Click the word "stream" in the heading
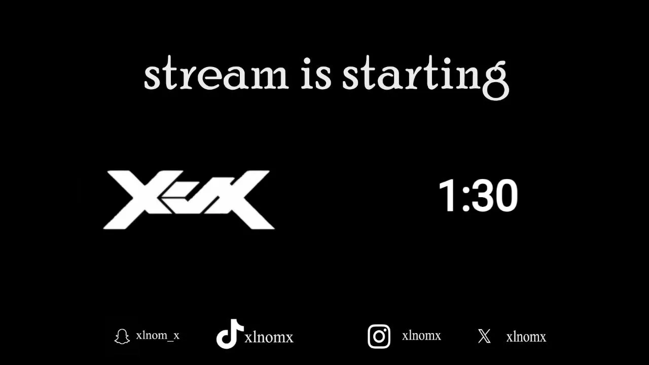click(x=216, y=74)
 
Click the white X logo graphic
click(x=189, y=200)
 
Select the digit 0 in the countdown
click(x=507, y=195)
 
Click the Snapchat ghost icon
click(x=122, y=336)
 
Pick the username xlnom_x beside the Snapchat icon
click(x=158, y=336)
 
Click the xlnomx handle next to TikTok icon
click(x=269, y=338)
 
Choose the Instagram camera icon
click(x=379, y=336)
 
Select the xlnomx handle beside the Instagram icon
click(x=421, y=336)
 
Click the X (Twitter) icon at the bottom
click(x=484, y=336)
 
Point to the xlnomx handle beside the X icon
click(x=526, y=337)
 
